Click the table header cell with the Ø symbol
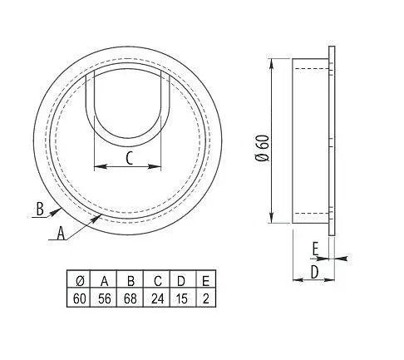[79, 279]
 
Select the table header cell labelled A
[104, 279]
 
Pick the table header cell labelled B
[130, 279]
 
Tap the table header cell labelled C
[156, 279]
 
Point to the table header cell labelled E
[205, 279]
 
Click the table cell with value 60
[79, 298]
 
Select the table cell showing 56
[104, 298]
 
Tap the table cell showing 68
[130, 298]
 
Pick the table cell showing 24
[156, 298]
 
